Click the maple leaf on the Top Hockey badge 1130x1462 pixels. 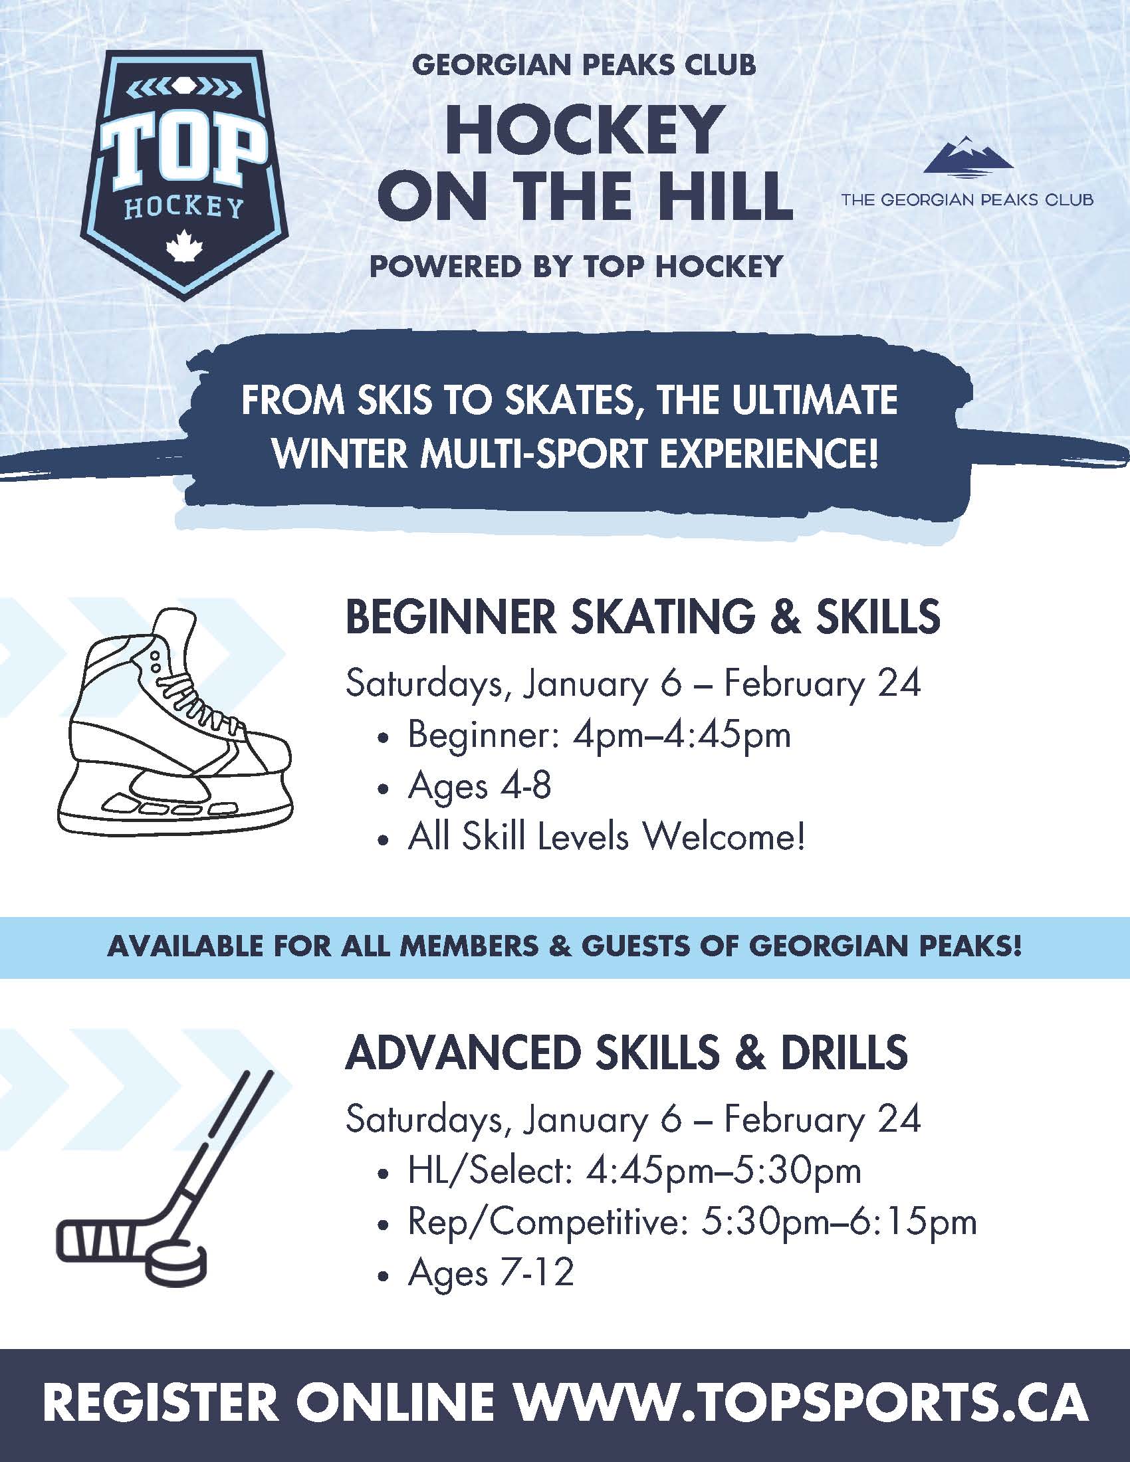(x=179, y=246)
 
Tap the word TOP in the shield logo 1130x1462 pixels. (x=182, y=152)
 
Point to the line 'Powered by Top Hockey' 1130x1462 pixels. (x=576, y=266)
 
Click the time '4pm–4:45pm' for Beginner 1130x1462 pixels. (x=681, y=735)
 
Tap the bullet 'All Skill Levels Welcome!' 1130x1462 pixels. (x=606, y=837)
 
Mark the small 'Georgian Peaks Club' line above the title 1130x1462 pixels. (x=584, y=65)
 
